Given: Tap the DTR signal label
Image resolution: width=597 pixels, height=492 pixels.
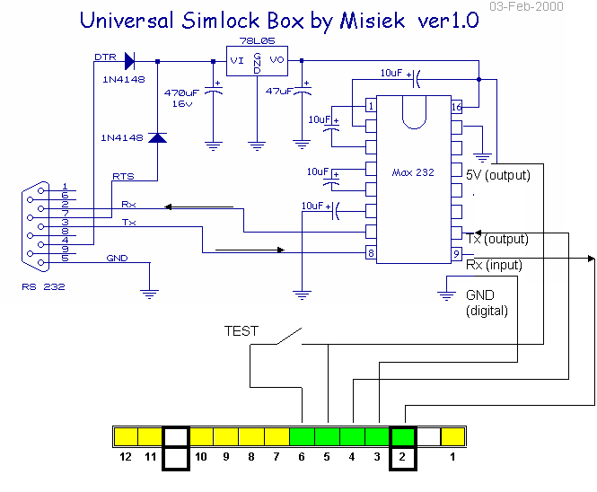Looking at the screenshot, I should [105, 57].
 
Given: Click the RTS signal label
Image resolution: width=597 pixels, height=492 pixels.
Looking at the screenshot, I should [123, 176].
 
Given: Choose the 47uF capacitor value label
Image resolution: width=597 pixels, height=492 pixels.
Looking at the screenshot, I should [279, 92].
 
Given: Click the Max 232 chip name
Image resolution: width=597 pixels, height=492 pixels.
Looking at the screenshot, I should [413, 172].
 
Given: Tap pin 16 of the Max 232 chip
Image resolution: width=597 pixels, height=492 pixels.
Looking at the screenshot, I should [457, 107].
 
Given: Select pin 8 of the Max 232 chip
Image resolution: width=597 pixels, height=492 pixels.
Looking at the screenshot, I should [371, 254].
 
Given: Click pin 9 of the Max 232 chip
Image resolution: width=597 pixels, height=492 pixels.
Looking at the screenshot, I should [457, 254].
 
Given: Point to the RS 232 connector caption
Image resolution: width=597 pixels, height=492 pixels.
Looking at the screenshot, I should [43, 287].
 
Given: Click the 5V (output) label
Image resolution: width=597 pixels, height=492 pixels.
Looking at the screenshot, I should [498, 175].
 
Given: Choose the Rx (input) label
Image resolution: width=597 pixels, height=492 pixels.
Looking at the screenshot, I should [493, 265].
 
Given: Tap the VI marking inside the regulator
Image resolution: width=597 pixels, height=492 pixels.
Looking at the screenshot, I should [237, 60].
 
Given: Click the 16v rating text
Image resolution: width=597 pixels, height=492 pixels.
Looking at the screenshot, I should [182, 103].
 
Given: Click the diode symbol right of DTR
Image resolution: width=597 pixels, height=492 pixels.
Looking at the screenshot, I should [129, 61].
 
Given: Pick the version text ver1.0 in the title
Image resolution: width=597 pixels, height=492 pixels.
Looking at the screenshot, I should [448, 22].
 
